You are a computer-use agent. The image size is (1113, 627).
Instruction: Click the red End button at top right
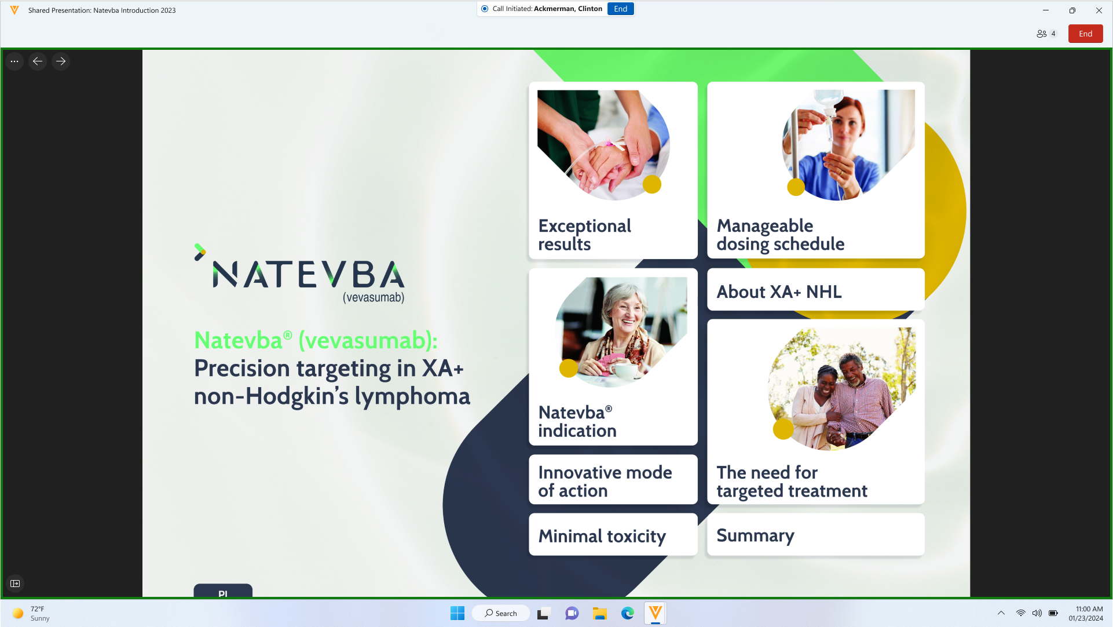pyautogui.click(x=1085, y=34)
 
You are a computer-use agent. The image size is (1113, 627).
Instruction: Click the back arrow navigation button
pyautogui.click(x=38, y=61)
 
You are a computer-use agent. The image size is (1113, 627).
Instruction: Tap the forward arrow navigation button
pyautogui.click(x=61, y=61)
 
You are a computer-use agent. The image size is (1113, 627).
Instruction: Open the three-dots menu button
pyautogui.click(x=14, y=61)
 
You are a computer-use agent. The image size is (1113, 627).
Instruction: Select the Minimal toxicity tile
pyautogui.click(x=613, y=535)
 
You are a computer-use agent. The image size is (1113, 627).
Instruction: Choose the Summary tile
pyautogui.click(x=815, y=535)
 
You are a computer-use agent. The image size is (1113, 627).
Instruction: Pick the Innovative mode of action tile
pyautogui.click(x=613, y=480)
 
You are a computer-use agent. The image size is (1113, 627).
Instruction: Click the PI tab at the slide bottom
pyautogui.click(x=223, y=590)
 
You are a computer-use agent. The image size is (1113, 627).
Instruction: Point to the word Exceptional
pyautogui.click(x=584, y=226)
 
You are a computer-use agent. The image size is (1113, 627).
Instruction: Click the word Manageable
pyautogui.click(x=764, y=226)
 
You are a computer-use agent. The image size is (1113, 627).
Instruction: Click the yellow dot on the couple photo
pyautogui.click(x=783, y=429)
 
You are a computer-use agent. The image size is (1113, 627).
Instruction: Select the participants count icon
pyautogui.click(x=1042, y=34)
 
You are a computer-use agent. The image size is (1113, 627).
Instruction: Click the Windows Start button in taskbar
pyautogui.click(x=457, y=613)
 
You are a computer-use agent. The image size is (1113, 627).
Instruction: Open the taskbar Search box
pyautogui.click(x=501, y=613)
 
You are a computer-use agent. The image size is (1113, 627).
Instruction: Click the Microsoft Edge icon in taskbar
pyautogui.click(x=628, y=613)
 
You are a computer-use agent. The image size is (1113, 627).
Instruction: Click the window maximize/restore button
pyautogui.click(x=1072, y=10)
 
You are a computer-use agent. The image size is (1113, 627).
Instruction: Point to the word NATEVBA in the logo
pyautogui.click(x=309, y=275)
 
